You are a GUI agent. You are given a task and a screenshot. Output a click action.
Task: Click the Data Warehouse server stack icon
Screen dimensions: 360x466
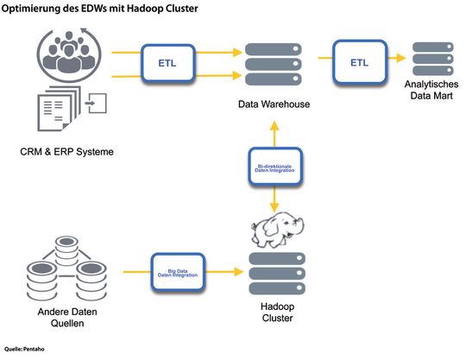pos(274,63)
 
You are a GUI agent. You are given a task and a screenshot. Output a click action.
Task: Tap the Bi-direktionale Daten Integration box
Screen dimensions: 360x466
pos(274,167)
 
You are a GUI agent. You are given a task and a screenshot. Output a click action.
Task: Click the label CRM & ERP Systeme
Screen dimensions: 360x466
pos(67,153)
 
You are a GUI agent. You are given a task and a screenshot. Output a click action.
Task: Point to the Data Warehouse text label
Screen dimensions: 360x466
pos(274,104)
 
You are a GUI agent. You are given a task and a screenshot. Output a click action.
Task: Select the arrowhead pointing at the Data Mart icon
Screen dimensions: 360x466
pos(405,58)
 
